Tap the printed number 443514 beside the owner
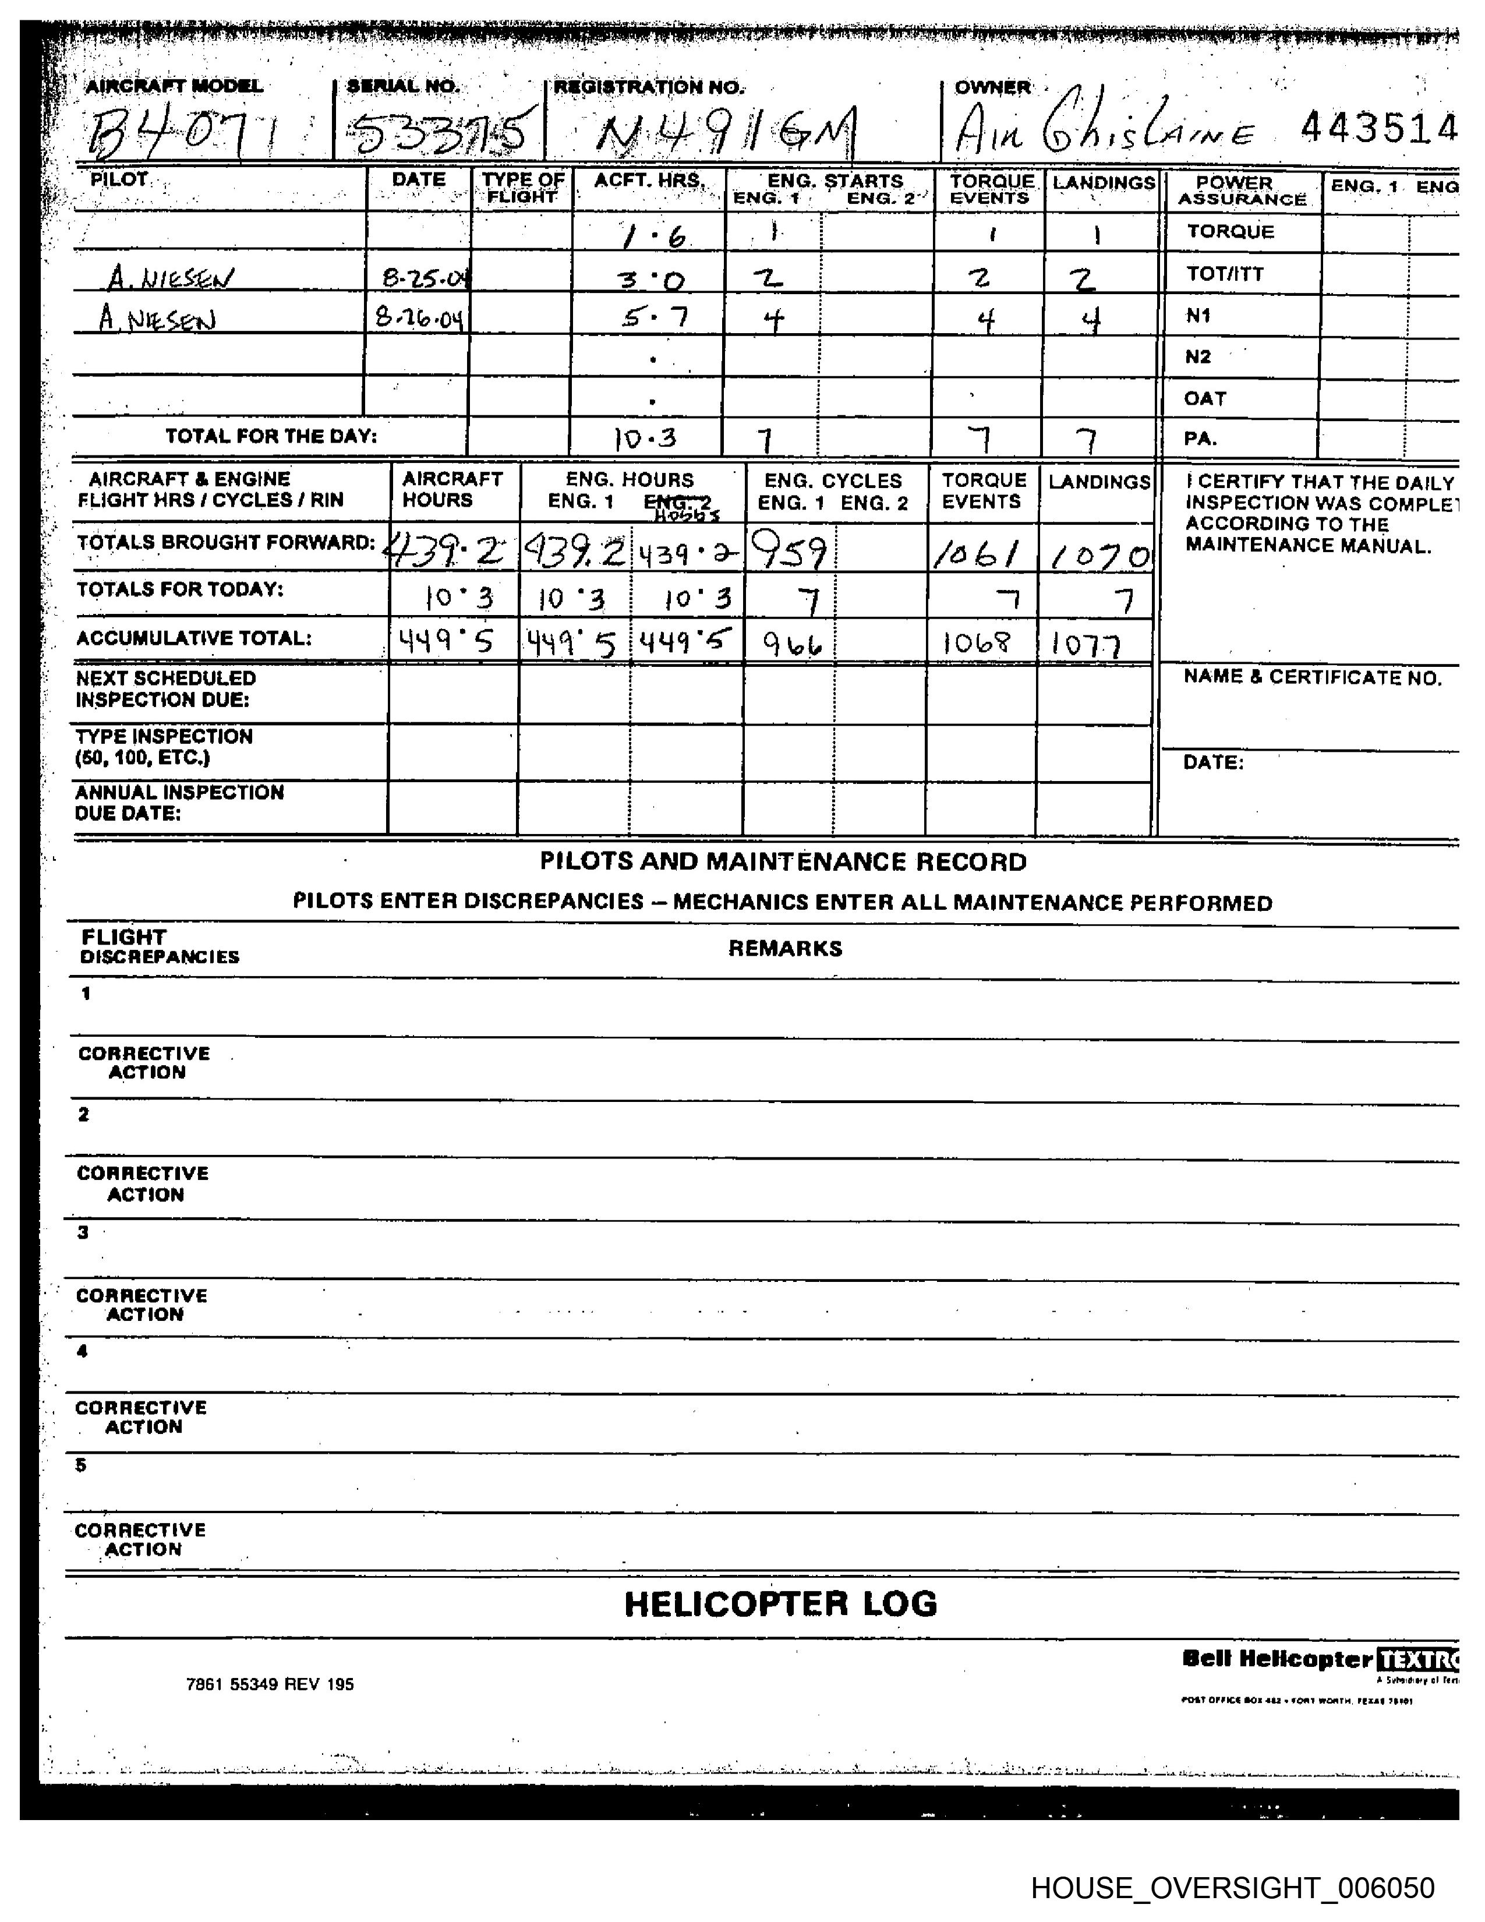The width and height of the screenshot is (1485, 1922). point(1378,129)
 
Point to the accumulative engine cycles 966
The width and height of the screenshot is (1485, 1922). point(792,645)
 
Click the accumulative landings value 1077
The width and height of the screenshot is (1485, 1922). point(1087,646)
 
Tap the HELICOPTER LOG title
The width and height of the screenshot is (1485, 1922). point(780,1603)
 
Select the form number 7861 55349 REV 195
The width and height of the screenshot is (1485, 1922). point(270,1684)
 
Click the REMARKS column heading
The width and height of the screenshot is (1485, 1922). point(785,948)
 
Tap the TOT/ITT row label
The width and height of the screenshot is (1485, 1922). point(1225,274)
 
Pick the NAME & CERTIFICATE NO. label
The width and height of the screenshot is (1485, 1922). point(1311,677)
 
